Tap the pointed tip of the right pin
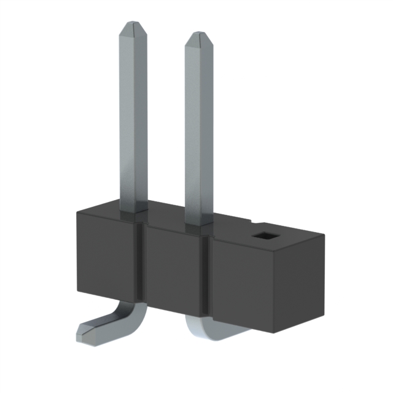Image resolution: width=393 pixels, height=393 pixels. pyautogui.click(x=198, y=37)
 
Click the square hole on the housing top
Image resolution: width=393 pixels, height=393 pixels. pyautogui.click(x=265, y=235)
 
